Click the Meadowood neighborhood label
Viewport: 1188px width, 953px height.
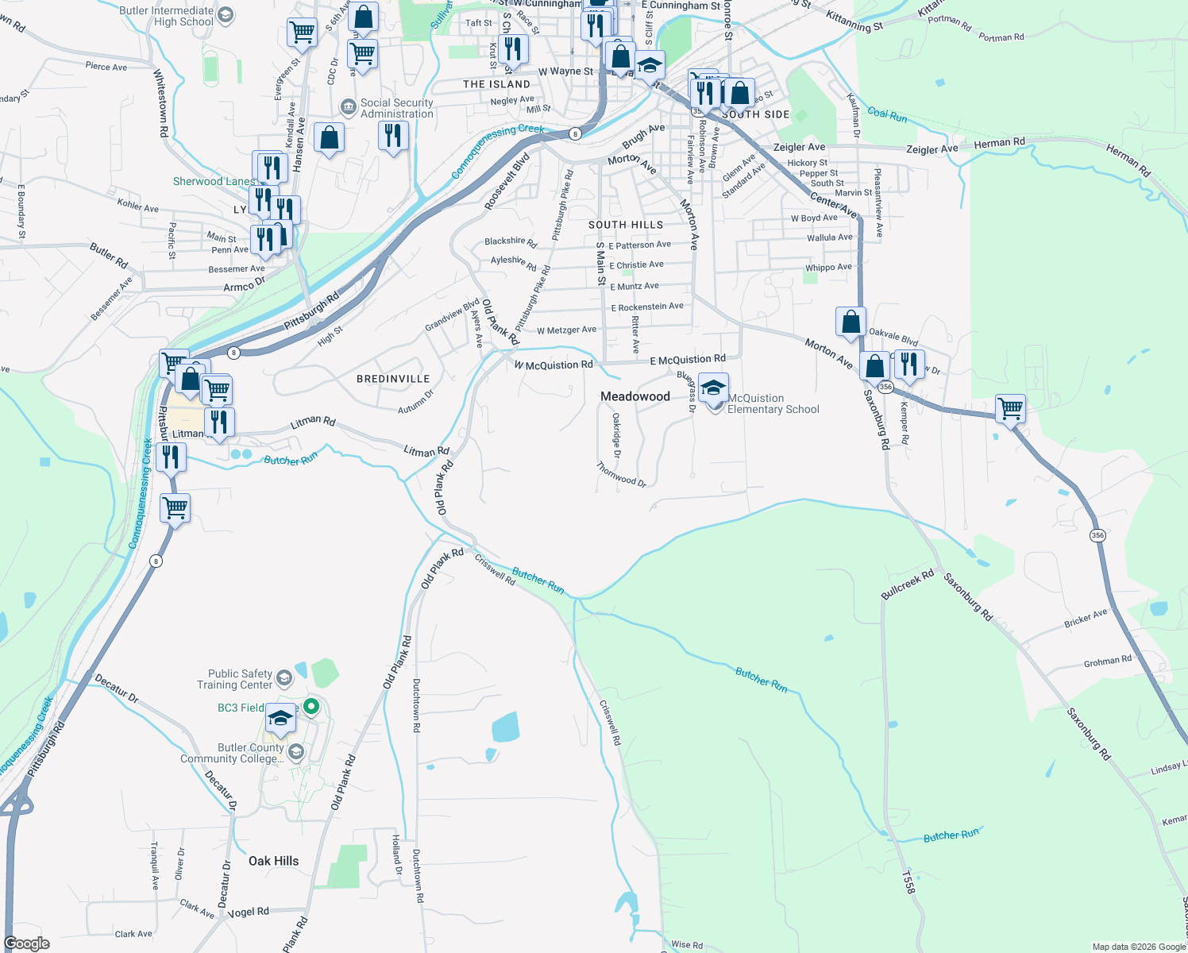click(x=635, y=396)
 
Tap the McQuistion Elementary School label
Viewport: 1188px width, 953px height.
click(x=773, y=403)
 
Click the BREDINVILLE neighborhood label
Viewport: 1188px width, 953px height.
click(x=393, y=379)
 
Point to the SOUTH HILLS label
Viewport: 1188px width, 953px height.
click(x=625, y=225)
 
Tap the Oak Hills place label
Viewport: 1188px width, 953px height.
click(x=273, y=861)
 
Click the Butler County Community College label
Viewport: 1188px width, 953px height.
click(x=232, y=753)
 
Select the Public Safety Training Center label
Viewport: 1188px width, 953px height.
click(x=234, y=679)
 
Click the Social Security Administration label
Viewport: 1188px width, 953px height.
click(x=396, y=108)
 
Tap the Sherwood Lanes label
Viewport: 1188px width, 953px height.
click(x=214, y=181)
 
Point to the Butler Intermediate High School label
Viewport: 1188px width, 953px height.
click(x=167, y=16)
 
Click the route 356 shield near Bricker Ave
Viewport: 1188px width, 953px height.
click(x=1097, y=535)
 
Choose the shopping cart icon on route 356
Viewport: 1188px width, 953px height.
click(x=1010, y=410)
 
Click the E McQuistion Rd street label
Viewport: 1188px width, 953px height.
click(x=688, y=360)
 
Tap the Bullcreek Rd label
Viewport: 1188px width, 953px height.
click(x=908, y=584)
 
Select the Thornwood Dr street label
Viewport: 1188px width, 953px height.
click(x=621, y=475)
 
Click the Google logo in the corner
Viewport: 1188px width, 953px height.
click(x=27, y=943)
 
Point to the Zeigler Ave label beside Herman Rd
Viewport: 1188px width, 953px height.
click(x=932, y=149)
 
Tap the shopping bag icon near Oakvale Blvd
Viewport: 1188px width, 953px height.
click(x=850, y=322)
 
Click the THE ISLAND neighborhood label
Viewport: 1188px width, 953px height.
click(x=496, y=84)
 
